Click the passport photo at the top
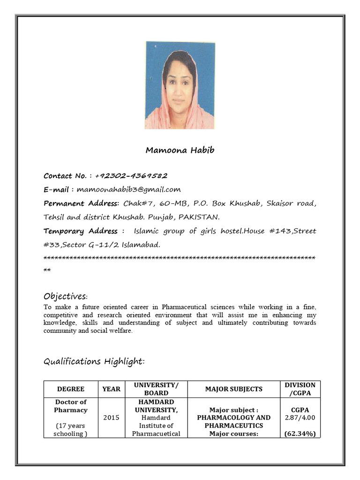pyautogui.click(x=180, y=85)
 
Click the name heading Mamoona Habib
pyautogui.click(x=180, y=150)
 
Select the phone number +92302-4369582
pyautogui.click(x=131, y=176)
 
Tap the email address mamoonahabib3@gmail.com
pyautogui.click(x=128, y=189)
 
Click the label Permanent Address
pyautogui.click(x=82, y=203)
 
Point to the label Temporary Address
pyautogui.click(x=81, y=231)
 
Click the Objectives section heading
pyautogui.click(x=66, y=296)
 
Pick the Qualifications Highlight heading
pyautogui.click(x=94, y=361)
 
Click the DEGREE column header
pyautogui.click(x=71, y=389)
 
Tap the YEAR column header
pyautogui.click(x=112, y=389)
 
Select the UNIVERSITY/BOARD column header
pyautogui.click(x=156, y=389)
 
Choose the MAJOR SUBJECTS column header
pyautogui.click(x=233, y=389)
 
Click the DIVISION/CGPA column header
pyautogui.click(x=300, y=389)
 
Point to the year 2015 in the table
pyautogui.click(x=112, y=418)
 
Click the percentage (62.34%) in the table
pyautogui.click(x=300, y=434)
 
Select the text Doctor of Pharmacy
pyautogui.click(x=71, y=406)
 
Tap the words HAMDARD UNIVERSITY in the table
pyautogui.click(x=156, y=406)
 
